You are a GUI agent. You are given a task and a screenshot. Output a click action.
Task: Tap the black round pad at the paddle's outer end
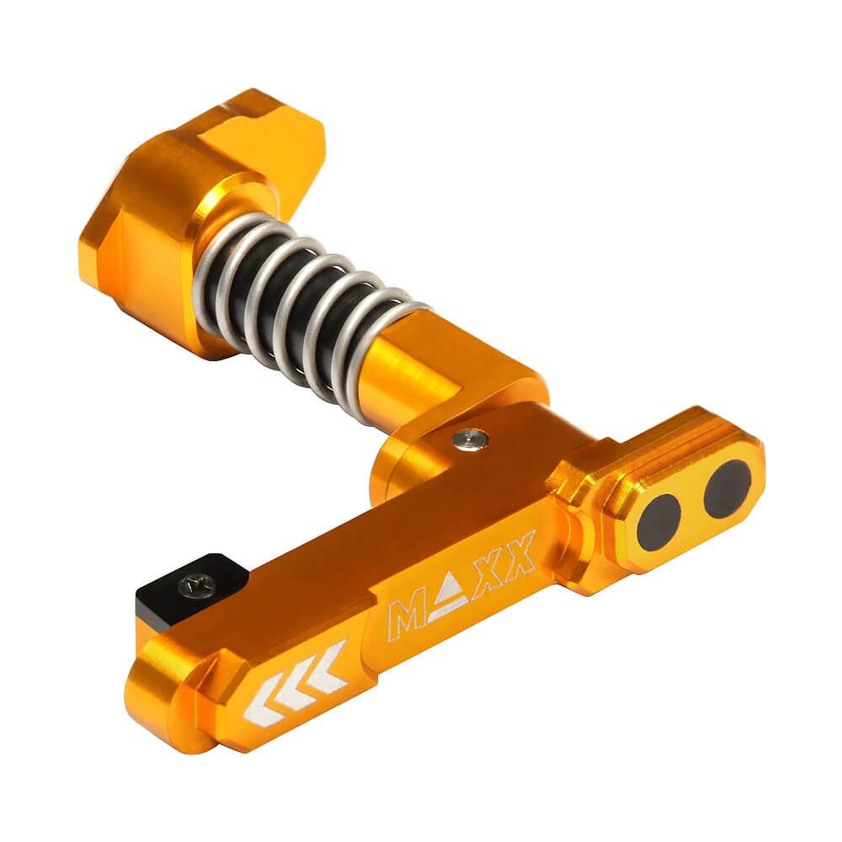[727, 489]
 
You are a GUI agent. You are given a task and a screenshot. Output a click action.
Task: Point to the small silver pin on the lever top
[469, 438]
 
